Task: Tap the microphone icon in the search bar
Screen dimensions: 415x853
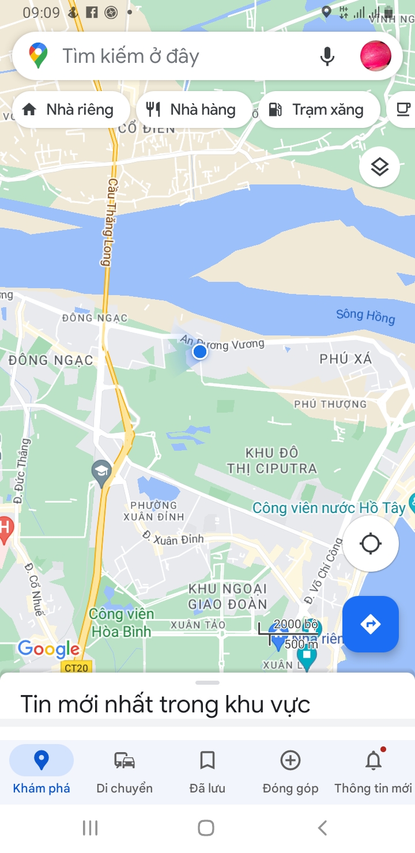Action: coord(327,56)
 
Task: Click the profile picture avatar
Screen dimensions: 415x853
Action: coord(375,56)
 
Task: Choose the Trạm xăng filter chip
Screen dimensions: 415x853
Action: coord(319,110)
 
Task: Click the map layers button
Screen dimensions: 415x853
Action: coord(379,167)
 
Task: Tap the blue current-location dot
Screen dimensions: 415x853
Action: coord(200,352)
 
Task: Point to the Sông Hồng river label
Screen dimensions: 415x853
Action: coord(365,316)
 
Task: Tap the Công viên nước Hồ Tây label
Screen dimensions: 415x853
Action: coord(330,508)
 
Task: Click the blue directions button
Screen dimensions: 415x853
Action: coord(370,624)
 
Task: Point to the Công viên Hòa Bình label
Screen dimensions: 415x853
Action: coord(121,622)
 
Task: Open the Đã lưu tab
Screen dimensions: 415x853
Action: coord(207,769)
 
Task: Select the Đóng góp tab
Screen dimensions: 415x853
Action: coord(290,769)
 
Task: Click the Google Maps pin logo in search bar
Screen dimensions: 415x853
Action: coord(39,56)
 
